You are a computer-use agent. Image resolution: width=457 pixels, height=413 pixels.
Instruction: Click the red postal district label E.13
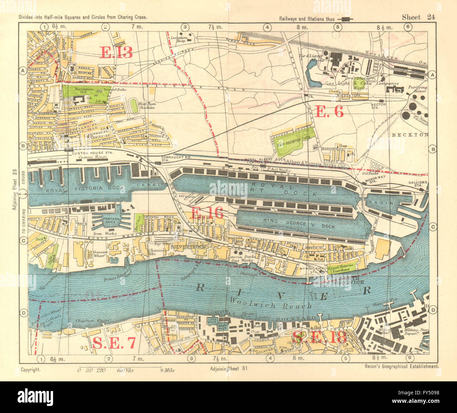[x=116, y=52]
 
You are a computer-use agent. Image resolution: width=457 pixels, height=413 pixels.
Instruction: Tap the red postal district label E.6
[x=329, y=112]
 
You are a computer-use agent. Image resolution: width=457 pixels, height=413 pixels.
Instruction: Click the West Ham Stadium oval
[x=134, y=105]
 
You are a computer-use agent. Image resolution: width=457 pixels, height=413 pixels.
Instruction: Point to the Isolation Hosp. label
[x=178, y=39]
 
